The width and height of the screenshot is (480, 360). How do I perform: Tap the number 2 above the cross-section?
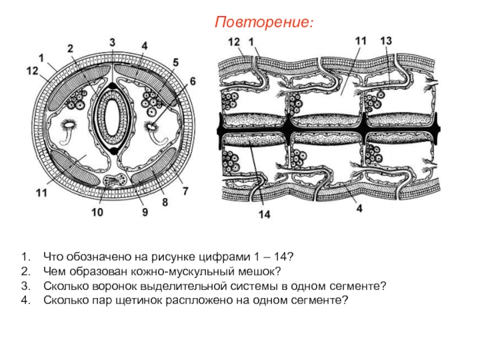[70, 48]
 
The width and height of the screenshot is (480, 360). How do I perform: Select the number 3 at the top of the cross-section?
[112, 42]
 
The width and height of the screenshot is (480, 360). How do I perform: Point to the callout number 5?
[175, 62]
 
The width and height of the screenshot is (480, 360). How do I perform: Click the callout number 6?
[193, 80]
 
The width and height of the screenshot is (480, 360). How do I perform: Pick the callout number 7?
[185, 191]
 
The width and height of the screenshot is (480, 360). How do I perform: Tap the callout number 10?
[97, 212]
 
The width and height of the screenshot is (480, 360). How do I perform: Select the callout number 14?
[264, 215]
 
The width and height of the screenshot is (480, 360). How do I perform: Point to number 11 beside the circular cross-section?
[41, 193]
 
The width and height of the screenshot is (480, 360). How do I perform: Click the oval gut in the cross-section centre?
[112, 115]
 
